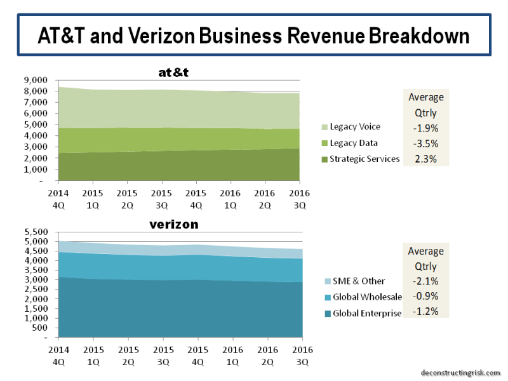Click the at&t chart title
tap(173, 72)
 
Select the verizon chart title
tap(173, 225)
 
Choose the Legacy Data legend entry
tap(353, 143)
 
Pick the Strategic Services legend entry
tap(364, 159)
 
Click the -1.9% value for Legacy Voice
tap(425, 127)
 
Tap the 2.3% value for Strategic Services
tap(425, 159)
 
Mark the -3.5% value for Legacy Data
tap(425, 143)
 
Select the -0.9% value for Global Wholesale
tap(425, 297)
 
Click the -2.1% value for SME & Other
tap(425, 281)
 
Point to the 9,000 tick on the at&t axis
tap(36, 80)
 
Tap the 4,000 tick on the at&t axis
tap(36, 136)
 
